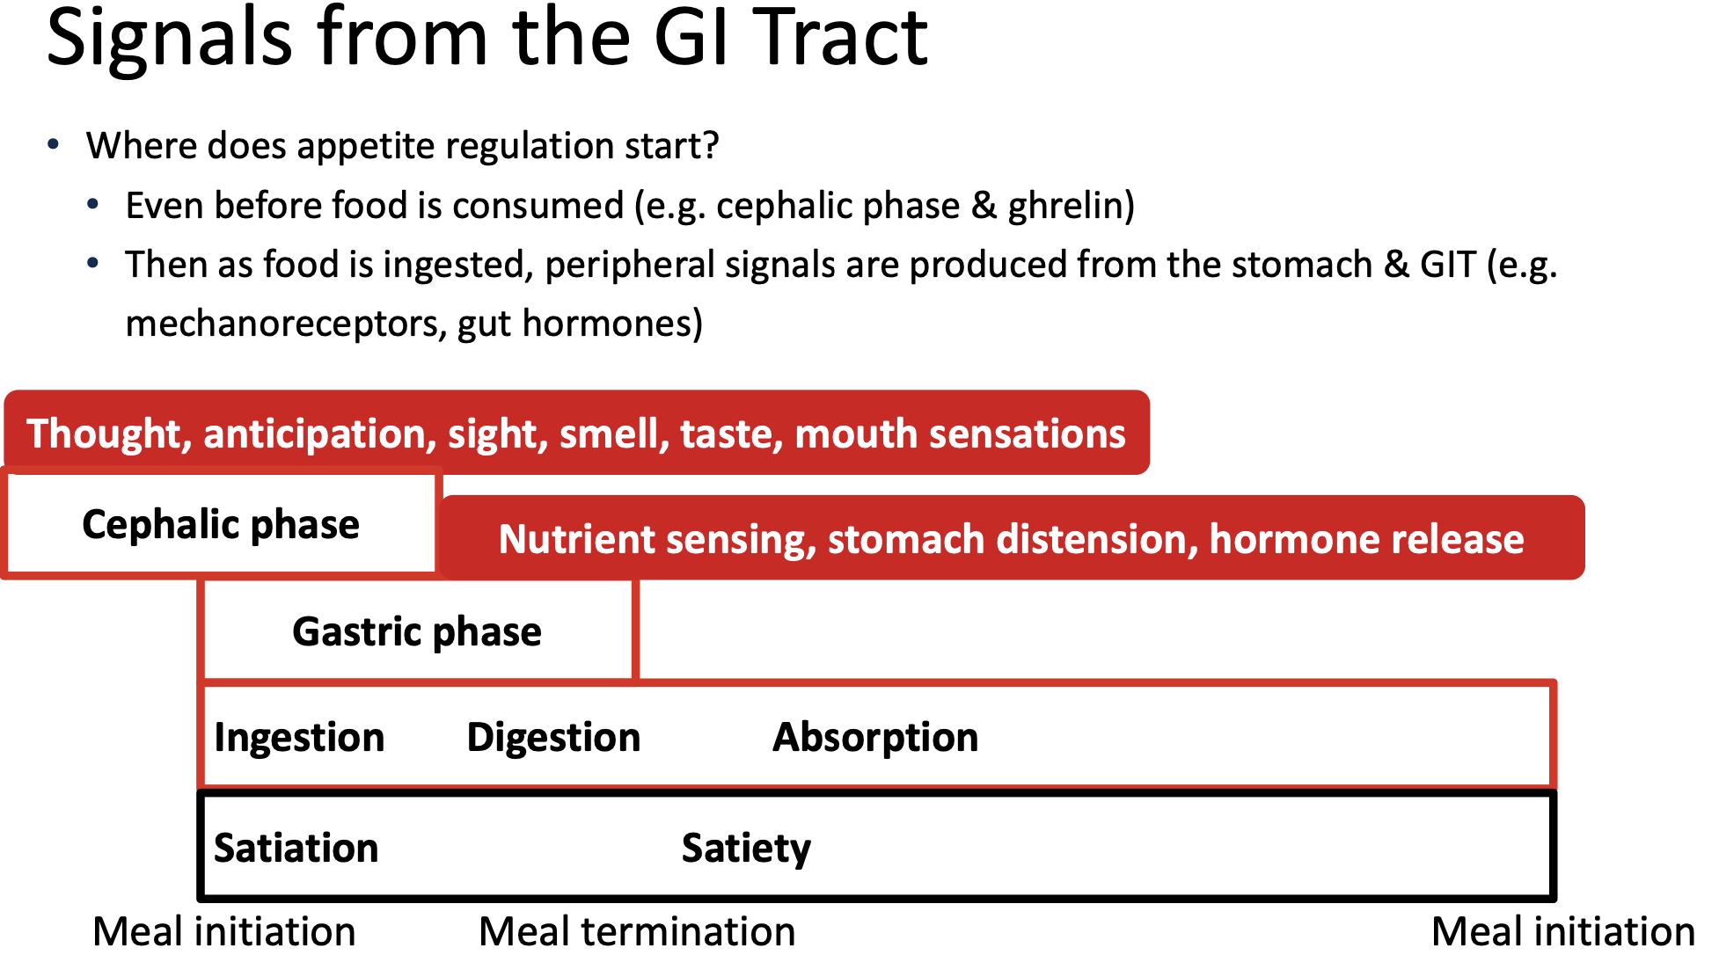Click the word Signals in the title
coord(169,40)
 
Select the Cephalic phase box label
coord(221,525)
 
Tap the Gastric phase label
coord(417,632)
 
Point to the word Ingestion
coord(299,738)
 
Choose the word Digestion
coord(553,738)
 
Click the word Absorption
coord(875,738)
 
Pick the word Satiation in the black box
coord(296,849)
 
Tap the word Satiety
coord(746,849)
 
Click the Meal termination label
coord(637,932)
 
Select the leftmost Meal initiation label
coord(224,932)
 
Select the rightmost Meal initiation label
coord(1563,932)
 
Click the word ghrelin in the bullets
coord(1066,207)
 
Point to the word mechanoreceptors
coord(285,324)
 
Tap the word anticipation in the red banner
coord(320,435)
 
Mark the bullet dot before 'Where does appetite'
coord(55,145)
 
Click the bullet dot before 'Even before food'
coord(93,205)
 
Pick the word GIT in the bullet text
coord(1447,265)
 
